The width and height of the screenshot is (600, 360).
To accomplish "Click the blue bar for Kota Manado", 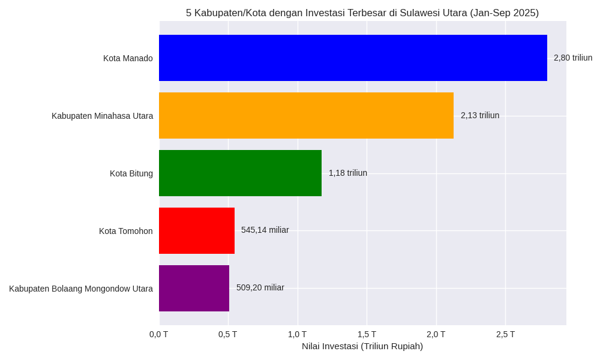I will point(353,58).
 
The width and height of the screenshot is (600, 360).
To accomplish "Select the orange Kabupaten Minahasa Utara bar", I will point(306,115).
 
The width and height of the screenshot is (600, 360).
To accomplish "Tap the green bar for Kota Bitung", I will point(240,173).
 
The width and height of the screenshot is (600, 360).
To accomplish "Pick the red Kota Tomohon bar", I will point(197,230).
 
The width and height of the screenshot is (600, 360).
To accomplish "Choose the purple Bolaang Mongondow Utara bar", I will point(194,288).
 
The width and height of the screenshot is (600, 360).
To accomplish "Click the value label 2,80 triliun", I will point(573,58).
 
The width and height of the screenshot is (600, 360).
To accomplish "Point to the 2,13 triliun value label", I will point(480,115).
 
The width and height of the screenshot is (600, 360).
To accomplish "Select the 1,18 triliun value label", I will point(348,173).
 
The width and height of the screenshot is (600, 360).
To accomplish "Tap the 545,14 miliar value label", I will point(265,230).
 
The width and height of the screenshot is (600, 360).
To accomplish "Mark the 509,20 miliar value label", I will point(260,287).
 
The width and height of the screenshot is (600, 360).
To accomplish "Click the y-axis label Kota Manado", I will point(128,58).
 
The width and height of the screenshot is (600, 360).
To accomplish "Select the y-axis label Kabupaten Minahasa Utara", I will point(102,116).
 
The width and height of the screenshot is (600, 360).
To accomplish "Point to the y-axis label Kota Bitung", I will point(131,173).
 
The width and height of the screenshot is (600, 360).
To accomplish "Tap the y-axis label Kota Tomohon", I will point(126,231).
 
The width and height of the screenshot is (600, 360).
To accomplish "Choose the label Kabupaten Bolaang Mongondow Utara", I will point(81,289).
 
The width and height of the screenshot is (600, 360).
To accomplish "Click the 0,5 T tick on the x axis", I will point(228,334).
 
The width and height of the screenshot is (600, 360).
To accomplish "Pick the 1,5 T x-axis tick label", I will point(367,334).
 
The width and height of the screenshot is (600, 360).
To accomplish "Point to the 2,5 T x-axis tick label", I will point(505,334).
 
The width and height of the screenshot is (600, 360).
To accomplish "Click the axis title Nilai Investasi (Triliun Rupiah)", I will point(362,346).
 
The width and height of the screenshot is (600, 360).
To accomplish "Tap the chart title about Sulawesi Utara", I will point(362,13).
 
